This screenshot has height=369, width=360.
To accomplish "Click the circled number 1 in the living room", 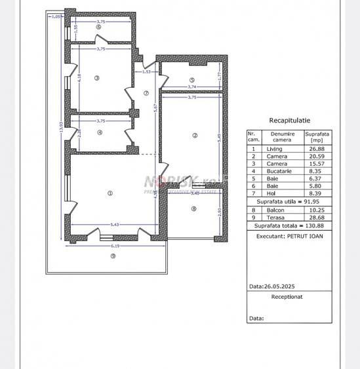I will [x=110, y=193].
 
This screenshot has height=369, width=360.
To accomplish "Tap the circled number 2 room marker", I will [x=195, y=136].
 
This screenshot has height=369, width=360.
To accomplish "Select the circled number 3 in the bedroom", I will [x=96, y=78].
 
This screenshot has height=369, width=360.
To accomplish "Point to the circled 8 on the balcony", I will [x=194, y=210].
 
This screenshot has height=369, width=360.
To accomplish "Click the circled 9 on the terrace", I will [x=112, y=256].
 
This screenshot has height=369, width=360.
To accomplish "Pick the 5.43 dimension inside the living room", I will [x=115, y=225].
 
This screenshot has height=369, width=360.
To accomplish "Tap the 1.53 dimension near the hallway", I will [x=147, y=71].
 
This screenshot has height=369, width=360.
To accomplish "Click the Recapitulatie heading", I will [x=290, y=121].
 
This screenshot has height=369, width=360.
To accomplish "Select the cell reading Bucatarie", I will [x=274, y=170].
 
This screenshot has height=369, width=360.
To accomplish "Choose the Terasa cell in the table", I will [x=274, y=218].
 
